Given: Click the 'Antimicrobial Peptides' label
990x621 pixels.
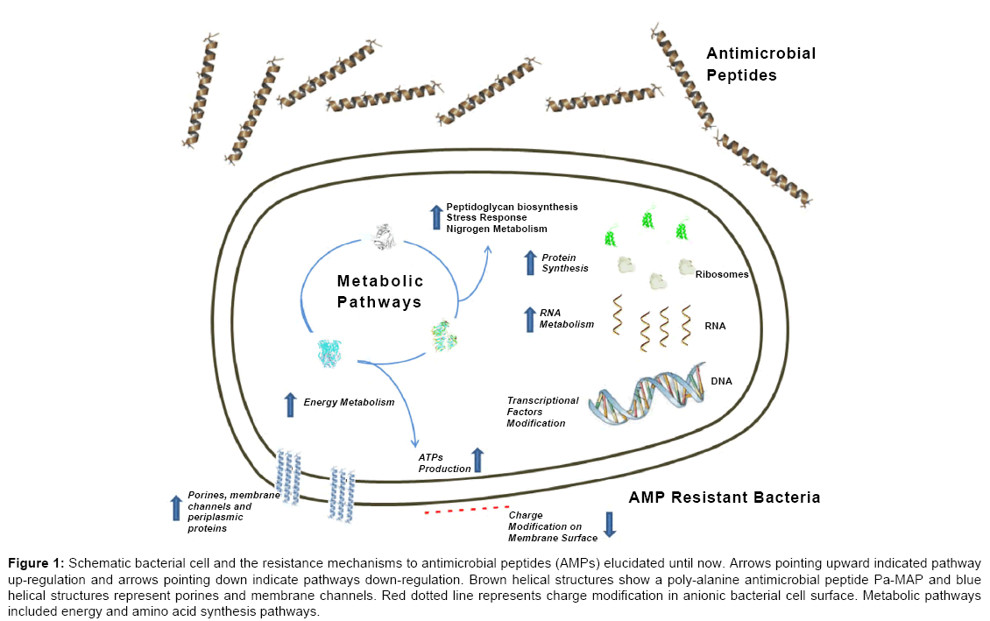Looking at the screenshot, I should point(760,64).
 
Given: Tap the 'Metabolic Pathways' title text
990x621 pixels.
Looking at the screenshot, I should point(380,291).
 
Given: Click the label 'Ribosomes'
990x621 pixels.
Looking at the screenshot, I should point(722,274).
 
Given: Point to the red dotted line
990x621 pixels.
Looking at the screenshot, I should point(466,509).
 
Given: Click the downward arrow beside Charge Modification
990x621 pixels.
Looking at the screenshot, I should point(611,523).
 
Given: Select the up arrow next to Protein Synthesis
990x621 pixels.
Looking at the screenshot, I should point(529,263).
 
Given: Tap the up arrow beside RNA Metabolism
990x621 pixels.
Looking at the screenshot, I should point(529,319).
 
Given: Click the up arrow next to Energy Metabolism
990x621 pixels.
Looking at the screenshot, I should point(290,404).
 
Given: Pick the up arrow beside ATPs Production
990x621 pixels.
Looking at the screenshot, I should point(477,461).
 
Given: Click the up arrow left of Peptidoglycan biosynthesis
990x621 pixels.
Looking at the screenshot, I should point(435,216).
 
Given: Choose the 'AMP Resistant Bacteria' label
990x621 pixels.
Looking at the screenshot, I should point(725,498).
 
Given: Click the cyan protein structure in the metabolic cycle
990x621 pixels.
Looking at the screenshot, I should point(334,353).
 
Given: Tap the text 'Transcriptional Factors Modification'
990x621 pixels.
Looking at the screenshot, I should point(542,412).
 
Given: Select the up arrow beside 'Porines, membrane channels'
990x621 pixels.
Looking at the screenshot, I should point(175,508).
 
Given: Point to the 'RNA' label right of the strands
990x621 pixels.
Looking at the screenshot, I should point(715,326).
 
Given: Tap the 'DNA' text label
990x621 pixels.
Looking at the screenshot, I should point(722,381).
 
